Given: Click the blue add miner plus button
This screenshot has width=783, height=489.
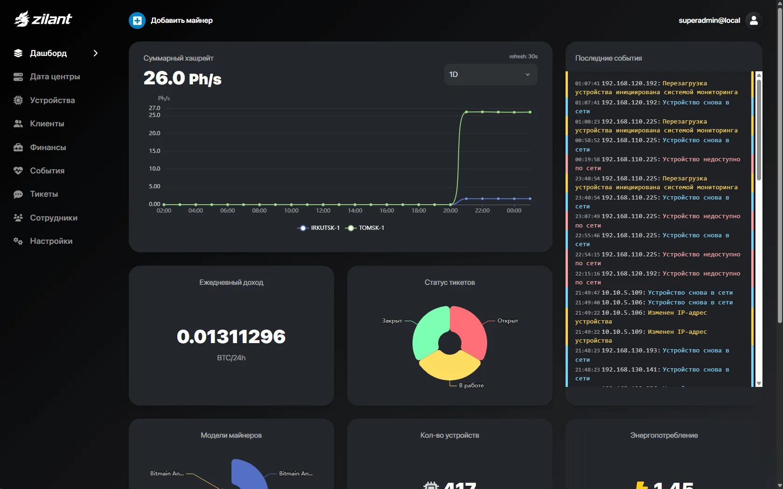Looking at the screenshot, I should (x=137, y=21).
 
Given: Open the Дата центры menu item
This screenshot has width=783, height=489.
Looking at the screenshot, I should (x=55, y=77).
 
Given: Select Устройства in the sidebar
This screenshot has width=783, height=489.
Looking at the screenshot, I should (x=52, y=100).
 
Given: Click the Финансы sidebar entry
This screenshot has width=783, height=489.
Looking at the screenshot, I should (x=48, y=147).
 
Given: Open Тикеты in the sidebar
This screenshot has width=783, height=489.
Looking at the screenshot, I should (x=44, y=194).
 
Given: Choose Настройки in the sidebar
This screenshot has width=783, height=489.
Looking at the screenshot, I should (x=51, y=241).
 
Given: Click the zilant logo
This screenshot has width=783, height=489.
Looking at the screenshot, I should (x=43, y=19).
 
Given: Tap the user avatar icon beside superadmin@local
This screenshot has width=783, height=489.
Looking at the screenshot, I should (x=754, y=21).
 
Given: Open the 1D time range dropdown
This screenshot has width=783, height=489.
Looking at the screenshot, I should (x=490, y=75).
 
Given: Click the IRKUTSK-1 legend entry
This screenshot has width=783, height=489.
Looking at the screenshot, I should (x=319, y=228).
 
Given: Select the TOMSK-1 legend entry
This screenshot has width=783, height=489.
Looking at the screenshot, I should (x=365, y=228).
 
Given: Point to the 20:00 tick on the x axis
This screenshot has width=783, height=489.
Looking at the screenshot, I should (x=450, y=211).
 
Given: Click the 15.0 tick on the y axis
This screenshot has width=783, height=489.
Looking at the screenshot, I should (x=154, y=151).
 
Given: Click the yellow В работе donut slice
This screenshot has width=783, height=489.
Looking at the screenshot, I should (x=450, y=366).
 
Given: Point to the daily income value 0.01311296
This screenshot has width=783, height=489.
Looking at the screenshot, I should (x=231, y=337).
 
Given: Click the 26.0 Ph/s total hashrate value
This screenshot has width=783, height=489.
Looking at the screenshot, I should (x=182, y=78).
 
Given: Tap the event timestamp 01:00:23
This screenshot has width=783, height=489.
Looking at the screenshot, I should (x=587, y=122).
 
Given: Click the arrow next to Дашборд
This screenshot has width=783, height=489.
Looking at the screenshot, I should (x=96, y=53).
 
